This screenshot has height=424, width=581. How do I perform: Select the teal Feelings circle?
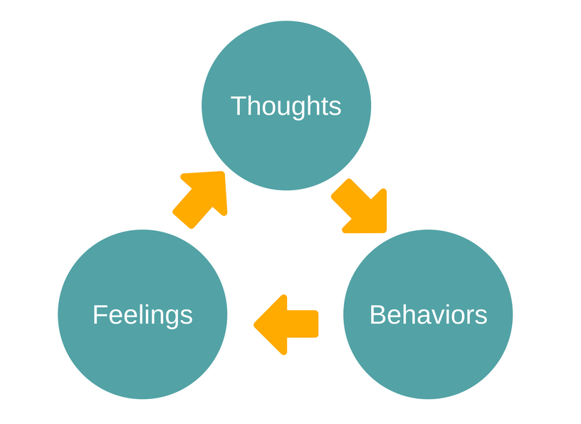(142, 349)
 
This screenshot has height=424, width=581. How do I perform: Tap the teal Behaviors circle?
(428, 349)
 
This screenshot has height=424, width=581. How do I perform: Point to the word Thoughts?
(286, 106)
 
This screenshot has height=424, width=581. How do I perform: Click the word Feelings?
(142, 314)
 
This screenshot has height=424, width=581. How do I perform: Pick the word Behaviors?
(428, 314)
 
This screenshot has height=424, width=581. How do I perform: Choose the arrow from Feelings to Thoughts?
(202, 197)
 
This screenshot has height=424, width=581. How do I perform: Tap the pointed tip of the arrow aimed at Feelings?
(256, 325)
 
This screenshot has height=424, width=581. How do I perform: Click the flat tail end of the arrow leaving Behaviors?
(316, 324)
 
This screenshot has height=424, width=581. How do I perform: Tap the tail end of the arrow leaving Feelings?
(183, 219)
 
